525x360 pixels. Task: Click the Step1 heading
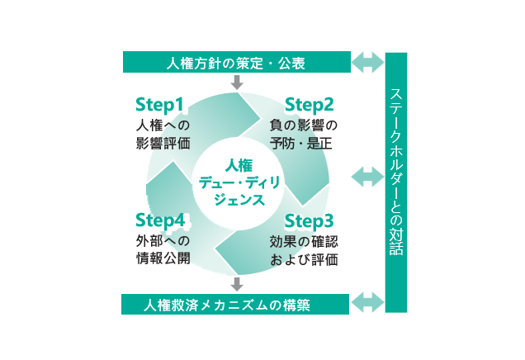(160, 105)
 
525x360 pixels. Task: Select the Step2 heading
(310, 105)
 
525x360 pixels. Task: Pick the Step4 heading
(159, 220)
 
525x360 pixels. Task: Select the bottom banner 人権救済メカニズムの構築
(234, 305)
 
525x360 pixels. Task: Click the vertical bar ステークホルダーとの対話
(396, 182)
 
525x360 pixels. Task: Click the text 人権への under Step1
(163, 125)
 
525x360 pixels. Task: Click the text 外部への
(163, 241)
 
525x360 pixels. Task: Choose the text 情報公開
(163, 259)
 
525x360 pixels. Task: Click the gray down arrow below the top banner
(237, 82)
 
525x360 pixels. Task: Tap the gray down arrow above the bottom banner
(237, 284)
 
